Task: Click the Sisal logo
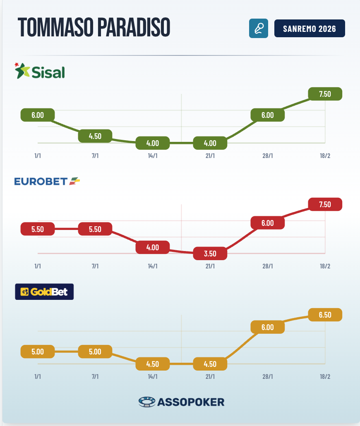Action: tap(40, 72)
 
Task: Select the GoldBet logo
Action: tap(44, 292)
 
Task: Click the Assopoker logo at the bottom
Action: tap(181, 402)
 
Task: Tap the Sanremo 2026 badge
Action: tap(310, 29)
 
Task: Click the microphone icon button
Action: tap(259, 29)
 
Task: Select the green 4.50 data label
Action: tap(95, 136)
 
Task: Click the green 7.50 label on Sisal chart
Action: tap(325, 94)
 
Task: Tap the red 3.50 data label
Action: tap(210, 253)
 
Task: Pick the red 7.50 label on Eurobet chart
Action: tap(325, 204)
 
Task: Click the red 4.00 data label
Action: tap(153, 247)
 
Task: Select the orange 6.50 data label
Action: tap(325, 315)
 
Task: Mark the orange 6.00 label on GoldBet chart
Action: tap(268, 327)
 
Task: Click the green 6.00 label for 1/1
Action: tap(38, 115)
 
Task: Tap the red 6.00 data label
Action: tap(268, 223)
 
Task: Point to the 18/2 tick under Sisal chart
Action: tap(325, 156)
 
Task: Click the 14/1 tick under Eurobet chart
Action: tap(153, 266)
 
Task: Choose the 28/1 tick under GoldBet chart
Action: tap(268, 376)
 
